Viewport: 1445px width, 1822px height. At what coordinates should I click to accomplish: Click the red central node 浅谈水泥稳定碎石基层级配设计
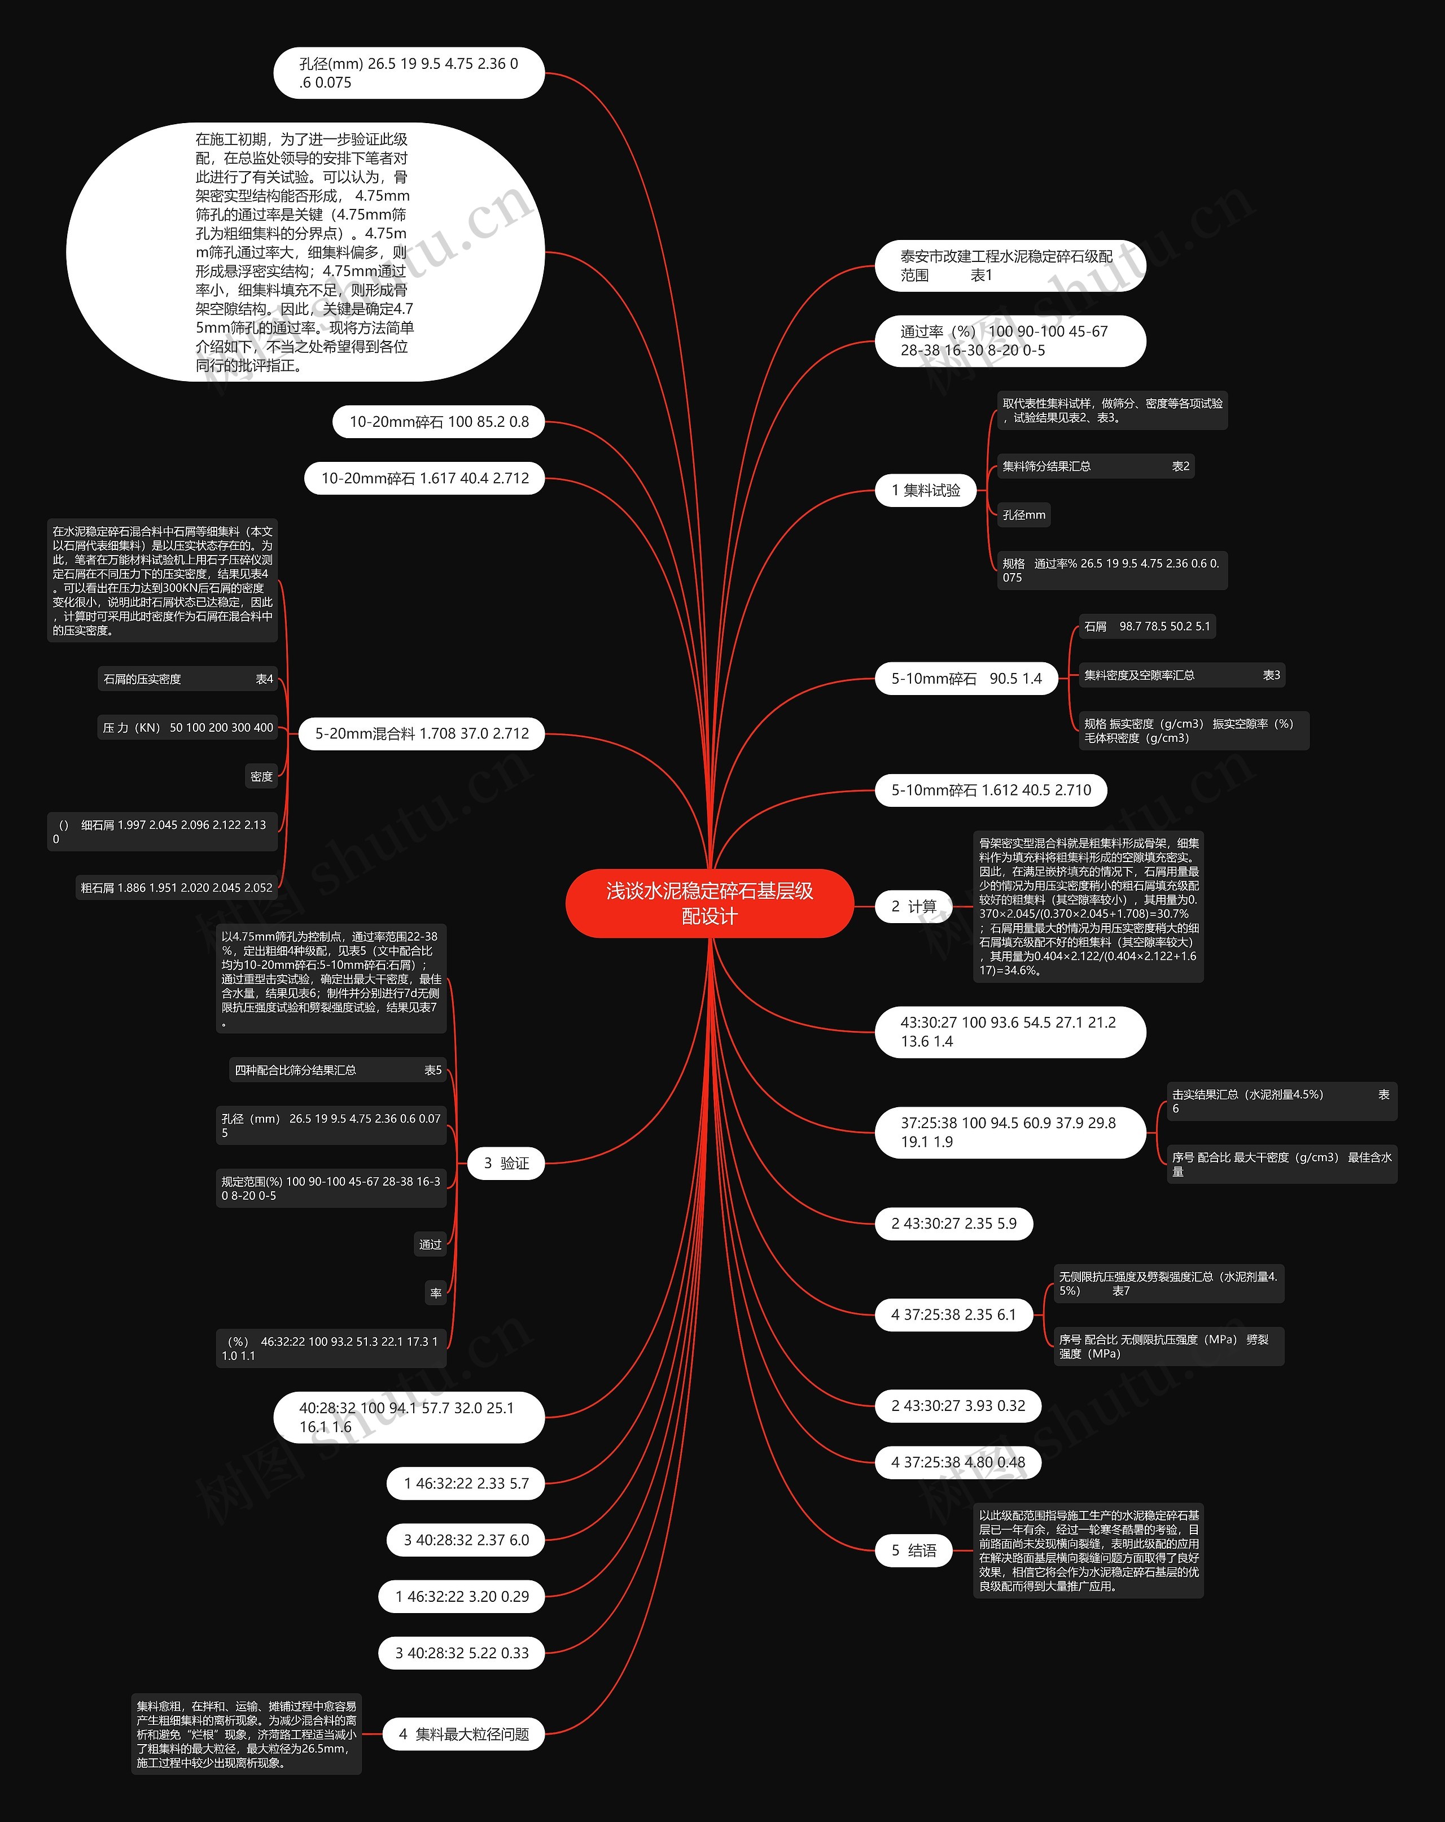point(709,903)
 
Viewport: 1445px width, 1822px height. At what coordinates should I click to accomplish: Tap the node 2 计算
point(913,907)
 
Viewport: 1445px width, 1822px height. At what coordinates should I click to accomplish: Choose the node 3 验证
point(506,1164)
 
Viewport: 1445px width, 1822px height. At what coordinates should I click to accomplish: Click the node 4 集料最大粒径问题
point(464,1734)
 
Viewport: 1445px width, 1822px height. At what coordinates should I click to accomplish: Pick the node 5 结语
point(913,1551)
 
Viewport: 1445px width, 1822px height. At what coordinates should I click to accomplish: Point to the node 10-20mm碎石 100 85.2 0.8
point(439,422)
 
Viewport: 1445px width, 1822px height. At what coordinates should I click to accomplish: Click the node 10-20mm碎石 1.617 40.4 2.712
point(424,478)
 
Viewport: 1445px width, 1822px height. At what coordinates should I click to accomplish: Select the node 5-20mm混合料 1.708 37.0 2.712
point(422,733)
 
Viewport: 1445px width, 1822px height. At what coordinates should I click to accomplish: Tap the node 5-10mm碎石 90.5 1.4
point(966,679)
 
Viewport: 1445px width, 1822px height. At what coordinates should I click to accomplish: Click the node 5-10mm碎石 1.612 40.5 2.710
point(991,790)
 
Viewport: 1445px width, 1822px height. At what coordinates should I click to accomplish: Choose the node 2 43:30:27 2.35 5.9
point(953,1224)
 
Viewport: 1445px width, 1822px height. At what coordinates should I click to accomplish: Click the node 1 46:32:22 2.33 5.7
point(466,1483)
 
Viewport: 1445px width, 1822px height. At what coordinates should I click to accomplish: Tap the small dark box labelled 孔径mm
point(1023,515)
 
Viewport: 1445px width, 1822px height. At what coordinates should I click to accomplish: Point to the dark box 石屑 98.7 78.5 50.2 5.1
point(1147,626)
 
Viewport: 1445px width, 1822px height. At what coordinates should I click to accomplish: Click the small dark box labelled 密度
point(262,777)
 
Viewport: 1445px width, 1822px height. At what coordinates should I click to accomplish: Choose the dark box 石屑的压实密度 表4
point(187,679)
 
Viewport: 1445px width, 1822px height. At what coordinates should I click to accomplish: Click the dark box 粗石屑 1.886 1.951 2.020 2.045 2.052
point(177,888)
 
